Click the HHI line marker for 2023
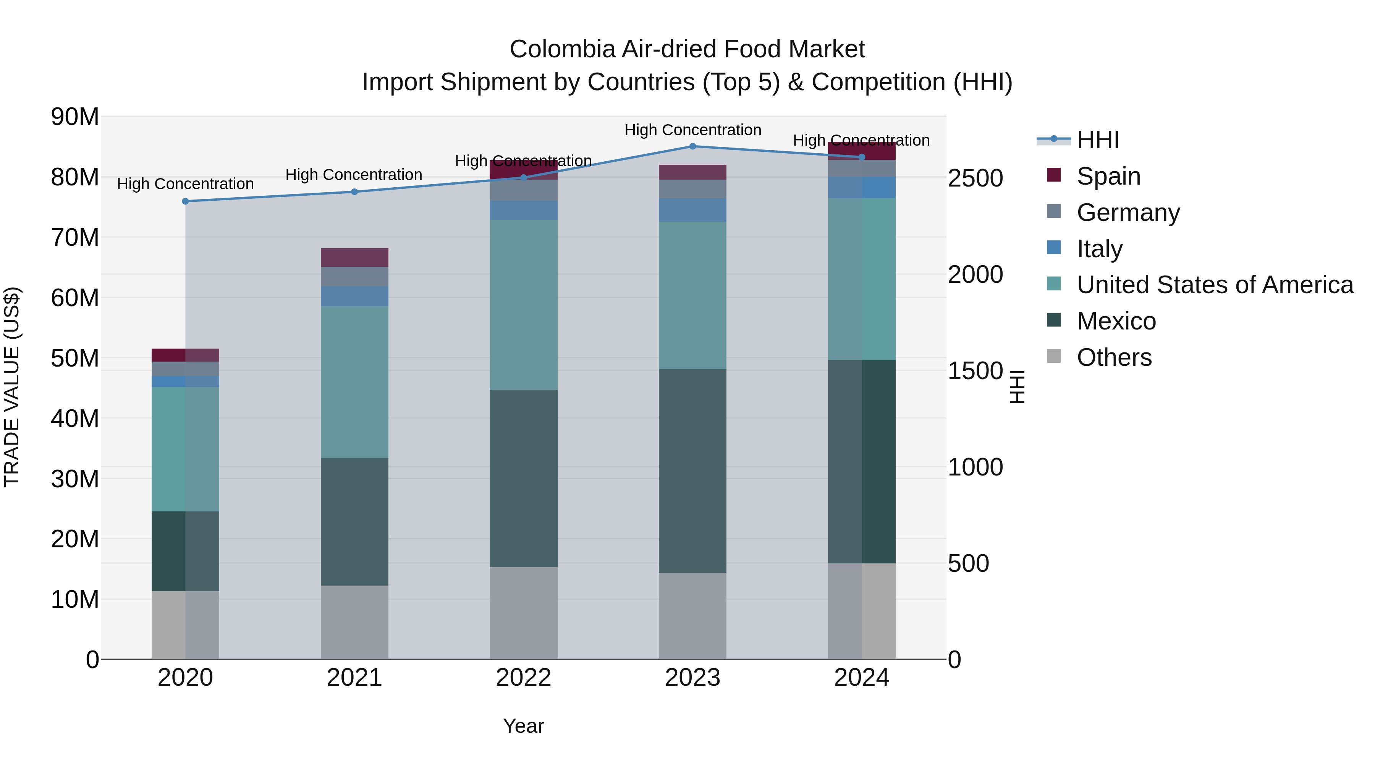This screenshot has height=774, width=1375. pyautogui.click(x=692, y=146)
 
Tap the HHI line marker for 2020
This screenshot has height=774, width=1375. pyautogui.click(x=185, y=201)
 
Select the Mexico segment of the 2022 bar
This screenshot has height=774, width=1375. pyautogui.click(x=523, y=478)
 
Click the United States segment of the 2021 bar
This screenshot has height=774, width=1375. pyautogui.click(x=354, y=382)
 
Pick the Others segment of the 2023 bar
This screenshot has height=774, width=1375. pyautogui.click(x=692, y=616)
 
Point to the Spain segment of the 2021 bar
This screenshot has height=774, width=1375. pyautogui.click(x=354, y=258)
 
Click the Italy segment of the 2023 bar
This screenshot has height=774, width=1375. pyautogui.click(x=692, y=210)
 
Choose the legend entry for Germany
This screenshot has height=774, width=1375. pyautogui.click(x=1127, y=213)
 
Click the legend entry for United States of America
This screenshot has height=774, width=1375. pyautogui.click(x=1214, y=285)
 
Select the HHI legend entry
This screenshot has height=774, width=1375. pyautogui.click(x=1097, y=140)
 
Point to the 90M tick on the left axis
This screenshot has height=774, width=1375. pyautogui.click(x=75, y=117)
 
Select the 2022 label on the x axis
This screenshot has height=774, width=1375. pyautogui.click(x=523, y=678)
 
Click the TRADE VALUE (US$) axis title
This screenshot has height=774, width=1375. pyautogui.click(x=12, y=387)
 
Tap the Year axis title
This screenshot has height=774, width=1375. pyautogui.click(x=523, y=726)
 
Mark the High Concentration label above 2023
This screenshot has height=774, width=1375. pyautogui.click(x=692, y=130)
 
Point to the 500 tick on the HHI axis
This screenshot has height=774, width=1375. pyautogui.click(x=968, y=563)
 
